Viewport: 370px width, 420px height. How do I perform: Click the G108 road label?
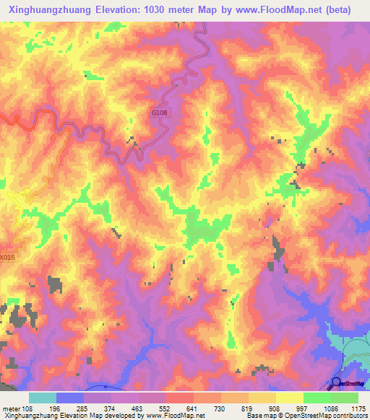pos(160,113)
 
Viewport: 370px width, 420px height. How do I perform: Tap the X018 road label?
pos(7,256)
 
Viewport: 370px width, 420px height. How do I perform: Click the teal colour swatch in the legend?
pos(43,398)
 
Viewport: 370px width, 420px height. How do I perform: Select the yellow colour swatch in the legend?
pos(290,398)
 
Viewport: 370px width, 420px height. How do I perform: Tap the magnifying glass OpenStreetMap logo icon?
pos(336,384)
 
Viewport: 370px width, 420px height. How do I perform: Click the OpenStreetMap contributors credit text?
pos(329,416)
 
